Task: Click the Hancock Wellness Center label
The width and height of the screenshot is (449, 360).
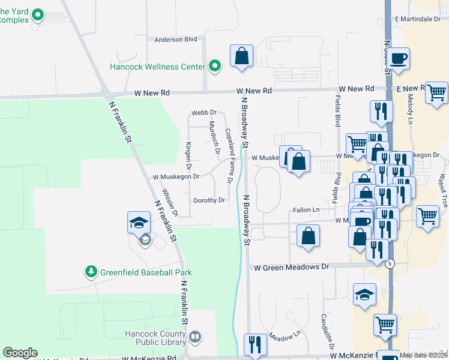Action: (157, 67)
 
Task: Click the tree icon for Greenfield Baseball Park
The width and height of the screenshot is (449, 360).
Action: (91, 272)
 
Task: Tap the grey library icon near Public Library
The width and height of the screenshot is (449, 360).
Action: (195, 338)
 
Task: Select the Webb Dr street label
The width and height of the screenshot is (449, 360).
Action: (204, 113)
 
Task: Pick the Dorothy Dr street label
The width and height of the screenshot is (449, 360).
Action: (209, 200)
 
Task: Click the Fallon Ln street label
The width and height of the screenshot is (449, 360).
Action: (306, 210)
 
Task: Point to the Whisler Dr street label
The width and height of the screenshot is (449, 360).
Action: (171, 204)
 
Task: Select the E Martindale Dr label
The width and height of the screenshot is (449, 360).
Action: (418, 19)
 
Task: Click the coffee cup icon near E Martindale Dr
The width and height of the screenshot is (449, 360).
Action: (398, 59)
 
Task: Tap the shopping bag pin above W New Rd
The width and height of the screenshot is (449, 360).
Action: (241, 56)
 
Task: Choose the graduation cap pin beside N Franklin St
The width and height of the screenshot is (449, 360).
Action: (139, 223)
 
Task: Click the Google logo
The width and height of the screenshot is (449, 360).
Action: (20, 353)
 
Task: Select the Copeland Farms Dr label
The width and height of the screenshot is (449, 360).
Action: (229, 156)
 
